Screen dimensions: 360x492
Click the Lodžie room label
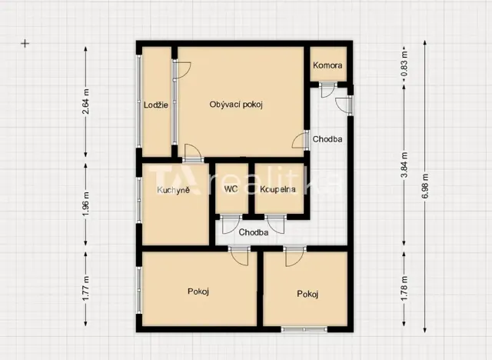pos(156,105)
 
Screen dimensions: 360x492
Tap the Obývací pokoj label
pos(236,105)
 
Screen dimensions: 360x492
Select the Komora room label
pos(327,65)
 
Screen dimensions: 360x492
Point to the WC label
pos(231,188)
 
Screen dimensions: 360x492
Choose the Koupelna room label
pos(278,188)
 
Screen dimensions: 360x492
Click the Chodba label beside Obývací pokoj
pos(327,139)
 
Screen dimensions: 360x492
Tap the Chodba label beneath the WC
pos(253,232)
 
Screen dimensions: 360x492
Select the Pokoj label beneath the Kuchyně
pos(198,291)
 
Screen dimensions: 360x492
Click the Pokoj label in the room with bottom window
pos(308,294)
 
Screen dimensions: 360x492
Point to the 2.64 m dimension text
pos(86,102)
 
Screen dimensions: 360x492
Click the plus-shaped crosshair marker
pos(25,44)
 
